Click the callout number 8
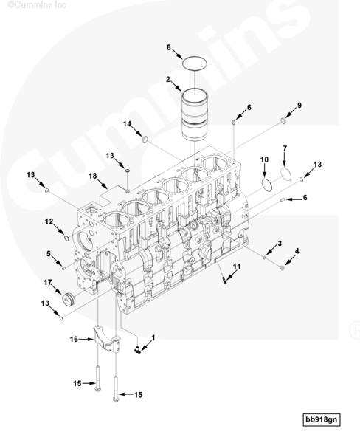[168, 47]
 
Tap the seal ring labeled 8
[195, 63]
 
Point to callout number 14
[127, 124]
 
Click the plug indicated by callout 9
[283, 120]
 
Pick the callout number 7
[285, 148]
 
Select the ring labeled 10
[267, 184]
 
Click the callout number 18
[93, 176]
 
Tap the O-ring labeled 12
[66, 238]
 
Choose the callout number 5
[49, 254]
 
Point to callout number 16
[74, 339]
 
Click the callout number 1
[153, 337]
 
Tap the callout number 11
[237, 267]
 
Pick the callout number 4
[297, 251]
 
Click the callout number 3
[280, 243]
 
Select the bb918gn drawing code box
[322, 419]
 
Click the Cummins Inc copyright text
[37, 5]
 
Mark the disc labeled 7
[285, 174]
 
